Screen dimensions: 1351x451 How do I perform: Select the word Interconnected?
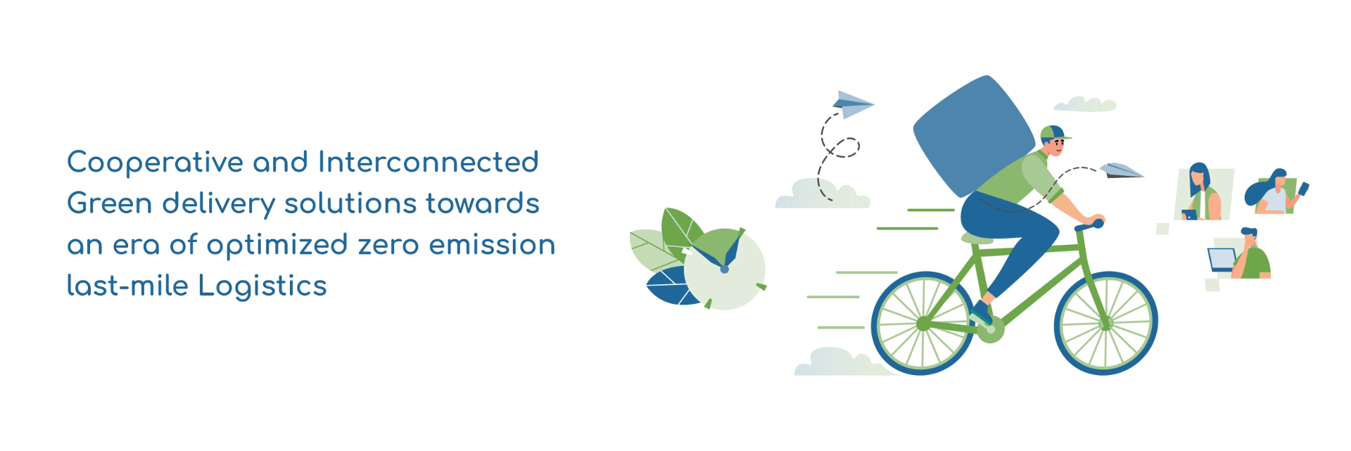(x=429, y=162)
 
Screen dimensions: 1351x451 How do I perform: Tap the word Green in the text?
(x=110, y=203)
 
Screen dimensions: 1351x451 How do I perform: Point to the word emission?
(x=493, y=245)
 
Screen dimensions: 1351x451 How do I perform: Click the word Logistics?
(x=262, y=286)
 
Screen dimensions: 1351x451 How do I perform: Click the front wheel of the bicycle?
(x=1105, y=323)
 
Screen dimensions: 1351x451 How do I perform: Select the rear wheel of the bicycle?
(x=923, y=323)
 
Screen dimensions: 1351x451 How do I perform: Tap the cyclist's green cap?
(x=1054, y=133)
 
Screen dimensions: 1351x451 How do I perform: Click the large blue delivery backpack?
(x=974, y=136)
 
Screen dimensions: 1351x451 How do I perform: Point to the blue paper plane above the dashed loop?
(x=853, y=103)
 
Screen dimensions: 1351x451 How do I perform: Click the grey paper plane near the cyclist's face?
(x=1122, y=170)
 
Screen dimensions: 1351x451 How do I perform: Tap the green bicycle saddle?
(x=977, y=239)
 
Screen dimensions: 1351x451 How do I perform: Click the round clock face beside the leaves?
(x=725, y=269)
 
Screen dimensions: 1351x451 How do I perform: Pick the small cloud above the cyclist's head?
(x=1084, y=104)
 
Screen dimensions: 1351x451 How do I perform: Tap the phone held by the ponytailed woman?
(x=1303, y=189)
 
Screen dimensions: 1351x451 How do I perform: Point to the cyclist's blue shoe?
(x=981, y=313)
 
